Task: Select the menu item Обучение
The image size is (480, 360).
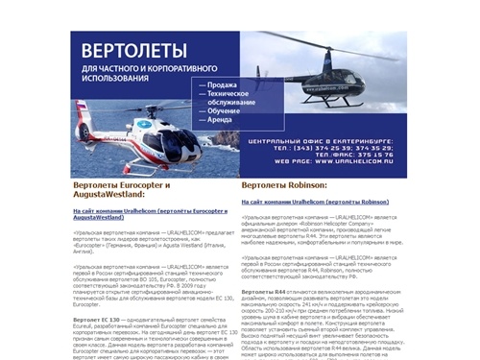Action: [219, 112]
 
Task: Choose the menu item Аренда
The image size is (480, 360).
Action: [215, 122]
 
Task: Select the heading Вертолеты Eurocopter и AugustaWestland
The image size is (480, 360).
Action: [121, 189]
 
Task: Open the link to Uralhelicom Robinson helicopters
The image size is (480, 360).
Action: [314, 203]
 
